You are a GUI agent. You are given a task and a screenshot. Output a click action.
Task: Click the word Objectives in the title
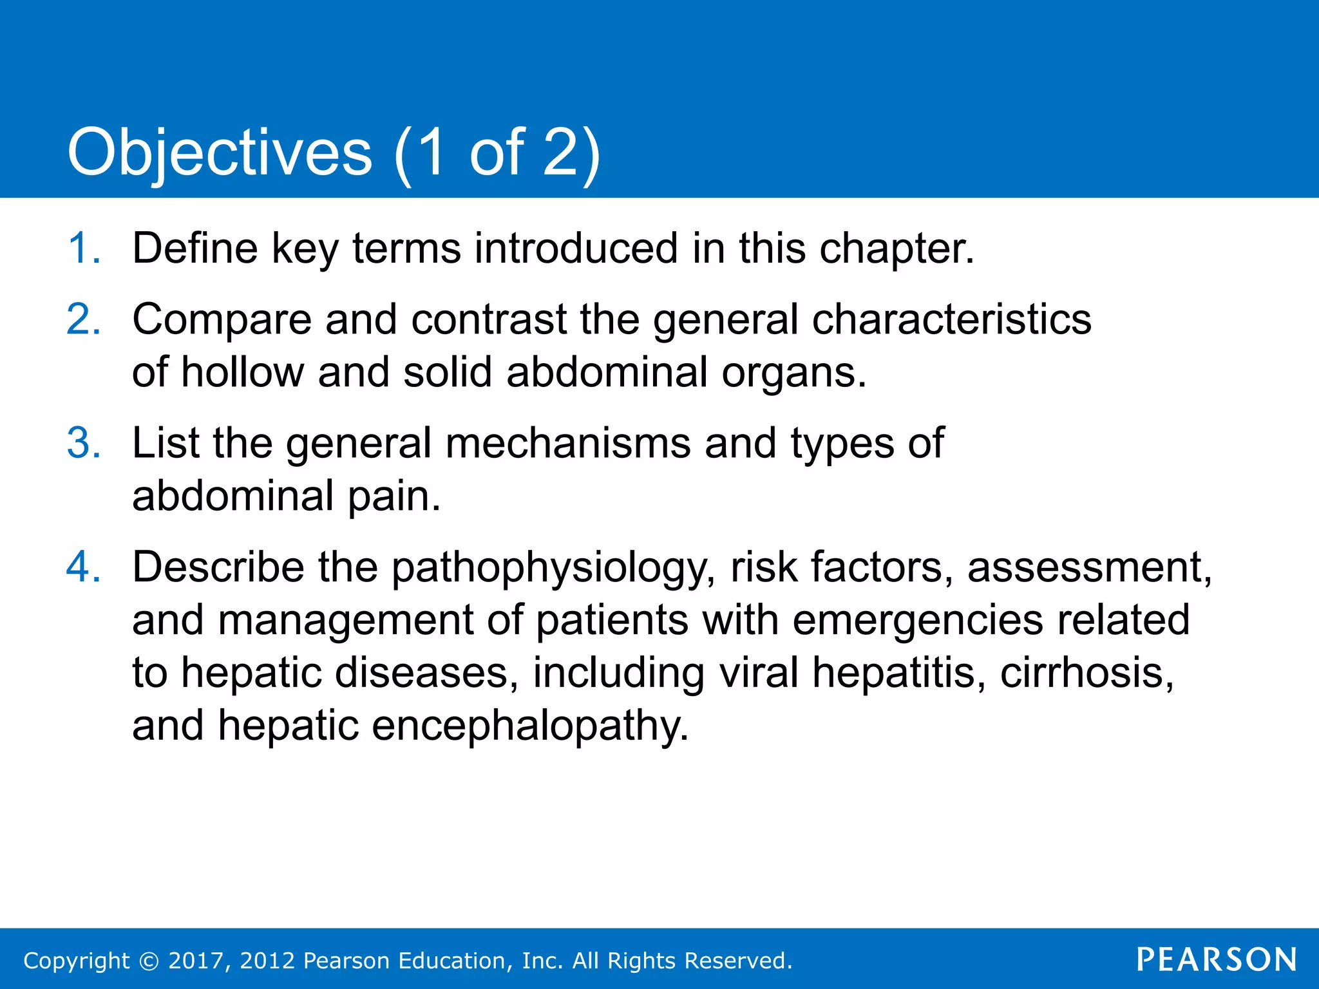(x=220, y=153)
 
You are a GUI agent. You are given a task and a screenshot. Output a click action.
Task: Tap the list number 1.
(x=82, y=249)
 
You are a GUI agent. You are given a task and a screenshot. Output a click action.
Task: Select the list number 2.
(x=82, y=319)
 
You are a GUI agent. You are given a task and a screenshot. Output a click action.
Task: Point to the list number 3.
(x=82, y=444)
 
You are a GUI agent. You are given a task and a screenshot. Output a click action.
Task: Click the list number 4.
(x=82, y=567)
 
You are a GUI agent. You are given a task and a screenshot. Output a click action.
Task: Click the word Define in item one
(x=195, y=249)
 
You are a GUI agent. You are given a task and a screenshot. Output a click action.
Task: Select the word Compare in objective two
(x=222, y=321)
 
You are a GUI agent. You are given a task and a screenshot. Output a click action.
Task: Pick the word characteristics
(x=951, y=319)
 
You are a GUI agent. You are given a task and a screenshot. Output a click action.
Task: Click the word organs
(x=793, y=374)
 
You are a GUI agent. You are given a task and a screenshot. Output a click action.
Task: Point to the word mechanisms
(x=567, y=444)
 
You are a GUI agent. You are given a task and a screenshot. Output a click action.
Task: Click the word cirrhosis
(x=1087, y=673)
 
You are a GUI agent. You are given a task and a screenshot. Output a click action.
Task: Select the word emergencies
(x=917, y=621)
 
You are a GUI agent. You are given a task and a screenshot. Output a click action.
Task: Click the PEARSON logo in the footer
(x=1217, y=960)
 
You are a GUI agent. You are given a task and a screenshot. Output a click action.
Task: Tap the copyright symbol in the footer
(x=149, y=961)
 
